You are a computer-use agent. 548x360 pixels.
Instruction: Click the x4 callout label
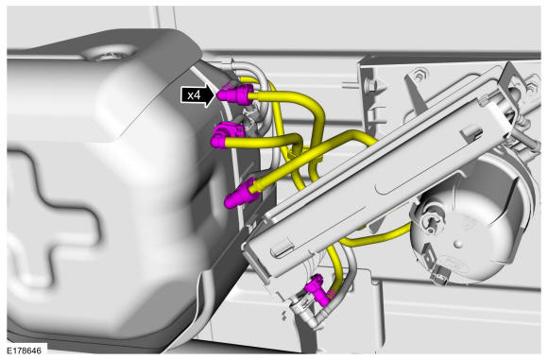194,94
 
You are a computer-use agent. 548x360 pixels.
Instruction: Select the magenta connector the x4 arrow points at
235,94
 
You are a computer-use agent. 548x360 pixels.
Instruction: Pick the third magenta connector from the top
242,194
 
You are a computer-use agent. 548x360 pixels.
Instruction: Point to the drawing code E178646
24,351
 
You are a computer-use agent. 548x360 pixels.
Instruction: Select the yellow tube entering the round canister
376,238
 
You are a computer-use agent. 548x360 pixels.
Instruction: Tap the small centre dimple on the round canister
457,244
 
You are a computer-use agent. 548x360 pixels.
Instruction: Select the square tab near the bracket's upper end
471,134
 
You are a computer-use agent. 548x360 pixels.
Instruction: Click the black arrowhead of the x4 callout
210,94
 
